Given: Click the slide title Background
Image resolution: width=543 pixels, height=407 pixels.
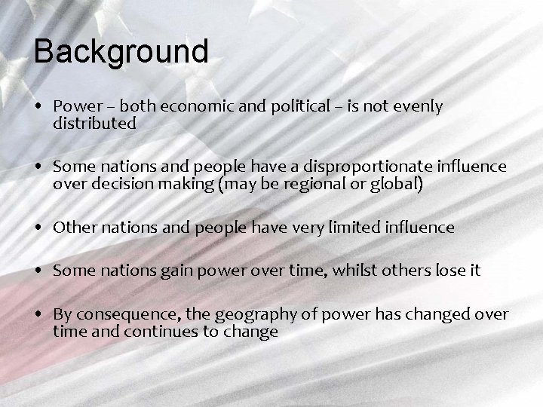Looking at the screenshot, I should pos(121,51).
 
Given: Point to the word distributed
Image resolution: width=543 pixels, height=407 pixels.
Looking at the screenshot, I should pos(94,124).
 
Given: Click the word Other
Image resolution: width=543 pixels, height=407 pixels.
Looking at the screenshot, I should pos(72,227).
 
